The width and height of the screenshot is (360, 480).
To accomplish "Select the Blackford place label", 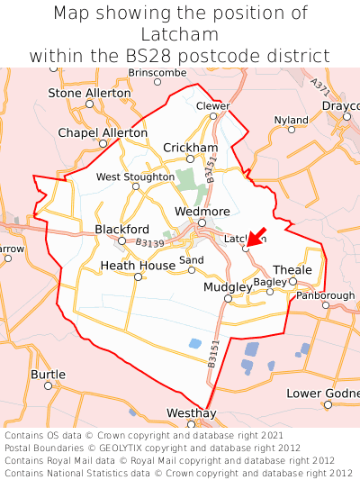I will click(x=121, y=230).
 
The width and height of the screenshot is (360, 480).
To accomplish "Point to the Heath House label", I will click(x=138, y=266).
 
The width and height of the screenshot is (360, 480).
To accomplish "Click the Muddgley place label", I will click(x=226, y=287).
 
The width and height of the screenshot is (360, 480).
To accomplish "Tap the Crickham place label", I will click(x=190, y=148).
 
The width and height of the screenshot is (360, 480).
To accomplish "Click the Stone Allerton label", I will click(x=89, y=93).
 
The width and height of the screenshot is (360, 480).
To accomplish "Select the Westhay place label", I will click(x=192, y=412).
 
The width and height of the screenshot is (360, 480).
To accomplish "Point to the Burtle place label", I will click(x=48, y=374).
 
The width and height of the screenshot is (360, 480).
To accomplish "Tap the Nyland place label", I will click(x=291, y=120).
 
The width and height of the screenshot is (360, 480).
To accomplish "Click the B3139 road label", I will click(x=151, y=242).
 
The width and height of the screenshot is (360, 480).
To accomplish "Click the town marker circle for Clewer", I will click(x=213, y=114).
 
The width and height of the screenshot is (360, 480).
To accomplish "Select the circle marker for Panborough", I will click(x=325, y=306).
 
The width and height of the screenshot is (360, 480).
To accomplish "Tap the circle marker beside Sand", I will click(x=191, y=270).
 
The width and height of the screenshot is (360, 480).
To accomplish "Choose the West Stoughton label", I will click(x=135, y=177).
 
